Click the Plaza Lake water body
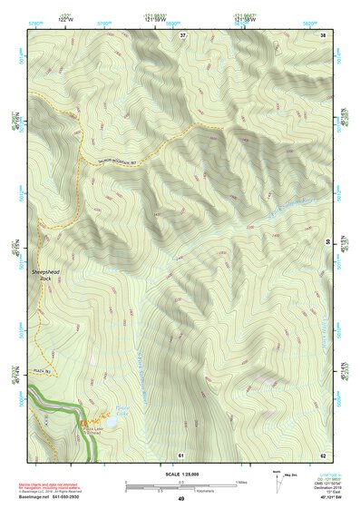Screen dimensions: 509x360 click(109, 421)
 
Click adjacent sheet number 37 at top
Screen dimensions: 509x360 click(182, 34)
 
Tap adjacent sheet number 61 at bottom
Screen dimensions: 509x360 click(181, 453)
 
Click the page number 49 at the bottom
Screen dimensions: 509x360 click(180, 499)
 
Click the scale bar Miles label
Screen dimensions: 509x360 click(240, 481)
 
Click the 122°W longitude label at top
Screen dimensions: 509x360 click(64, 19)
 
